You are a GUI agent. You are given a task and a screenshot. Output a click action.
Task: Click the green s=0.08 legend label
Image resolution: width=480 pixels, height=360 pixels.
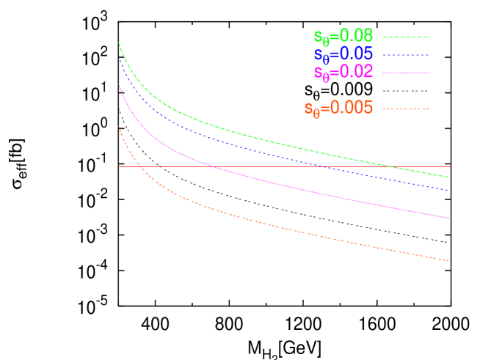coord(343,36)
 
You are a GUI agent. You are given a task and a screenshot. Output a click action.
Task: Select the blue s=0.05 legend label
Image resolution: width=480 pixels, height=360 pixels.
coord(343,54)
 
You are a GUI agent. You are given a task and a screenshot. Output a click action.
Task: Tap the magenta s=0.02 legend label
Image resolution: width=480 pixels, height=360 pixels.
coord(343,72)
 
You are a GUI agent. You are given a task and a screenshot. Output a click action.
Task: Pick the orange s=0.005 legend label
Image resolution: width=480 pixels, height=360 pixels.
coord(338,109)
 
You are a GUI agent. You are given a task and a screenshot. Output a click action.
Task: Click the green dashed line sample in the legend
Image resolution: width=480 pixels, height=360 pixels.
coord(406,37)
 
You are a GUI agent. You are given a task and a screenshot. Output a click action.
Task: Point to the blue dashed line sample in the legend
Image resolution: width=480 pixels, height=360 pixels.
coord(406,55)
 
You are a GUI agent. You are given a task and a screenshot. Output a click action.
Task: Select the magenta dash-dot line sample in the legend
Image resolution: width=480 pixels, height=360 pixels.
coord(406,73)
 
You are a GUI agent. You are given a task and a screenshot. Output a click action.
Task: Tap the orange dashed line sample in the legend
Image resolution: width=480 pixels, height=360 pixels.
coord(406,109)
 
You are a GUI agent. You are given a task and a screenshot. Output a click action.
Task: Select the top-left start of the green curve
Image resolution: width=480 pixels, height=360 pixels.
coord(119,43)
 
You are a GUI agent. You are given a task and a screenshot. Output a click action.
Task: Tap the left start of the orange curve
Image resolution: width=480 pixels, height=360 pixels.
coord(119,126)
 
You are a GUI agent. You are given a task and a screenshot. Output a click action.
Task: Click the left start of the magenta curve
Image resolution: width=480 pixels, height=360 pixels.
coord(119,84)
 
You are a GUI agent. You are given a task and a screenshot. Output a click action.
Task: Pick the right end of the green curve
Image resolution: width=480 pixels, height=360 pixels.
coord(450,177)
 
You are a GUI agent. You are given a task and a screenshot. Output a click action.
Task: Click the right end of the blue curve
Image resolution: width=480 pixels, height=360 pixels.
coord(450,191)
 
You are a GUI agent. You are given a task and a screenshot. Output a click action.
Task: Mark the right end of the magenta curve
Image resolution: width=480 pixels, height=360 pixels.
coord(450,218)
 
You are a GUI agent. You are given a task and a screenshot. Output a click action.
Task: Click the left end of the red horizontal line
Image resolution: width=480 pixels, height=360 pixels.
coord(119,166)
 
